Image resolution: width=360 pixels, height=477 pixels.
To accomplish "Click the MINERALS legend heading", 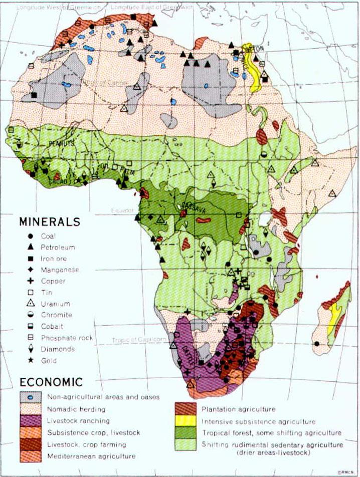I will pyautogui.click(x=49, y=221).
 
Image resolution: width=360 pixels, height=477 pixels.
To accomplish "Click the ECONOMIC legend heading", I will pyautogui.click(x=52, y=382).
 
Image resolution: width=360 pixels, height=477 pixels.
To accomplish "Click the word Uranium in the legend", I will pyautogui.click(x=56, y=304).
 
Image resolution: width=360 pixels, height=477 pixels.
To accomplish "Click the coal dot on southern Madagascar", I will pyautogui.click(x=317, y=344).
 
